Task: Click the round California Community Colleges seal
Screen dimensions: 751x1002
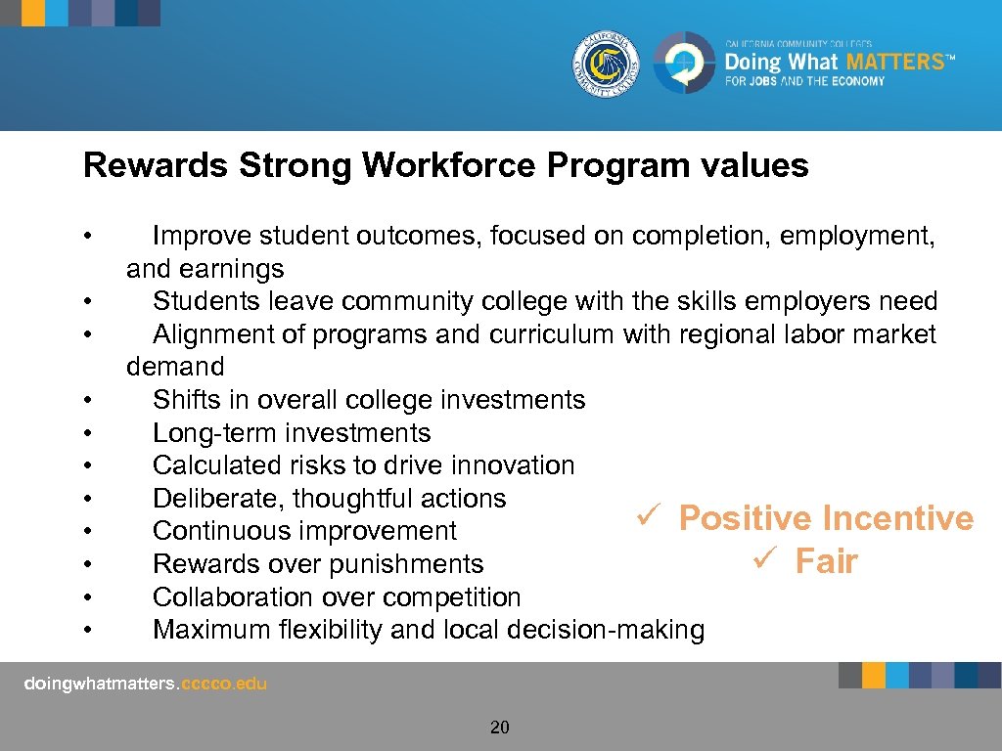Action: coord(607,64)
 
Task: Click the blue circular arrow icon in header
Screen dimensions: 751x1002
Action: coord(683,64)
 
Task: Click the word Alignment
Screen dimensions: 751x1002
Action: coord(218,334)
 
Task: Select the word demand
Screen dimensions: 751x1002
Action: coord(175,367)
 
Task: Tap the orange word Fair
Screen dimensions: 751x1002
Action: coord(826,561)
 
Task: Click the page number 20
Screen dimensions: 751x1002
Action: coord(500,728)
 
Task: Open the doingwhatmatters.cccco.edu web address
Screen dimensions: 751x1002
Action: coord(145,685)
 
